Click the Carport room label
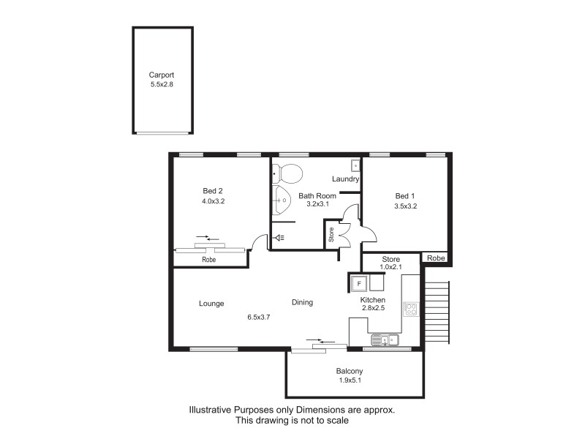pos(162,75)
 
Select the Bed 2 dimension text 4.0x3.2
pos(213,201)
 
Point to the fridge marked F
pos(358,282)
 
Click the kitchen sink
pos(383,339)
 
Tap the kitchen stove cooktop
pos(411,309)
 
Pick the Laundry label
pos(345,179)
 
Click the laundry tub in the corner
pos(355,165)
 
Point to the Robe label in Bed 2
pos(208,259)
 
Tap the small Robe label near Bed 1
pos(436,258)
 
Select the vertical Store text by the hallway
pos(331,235)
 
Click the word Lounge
pos(211,304)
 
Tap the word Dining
pos(303,302)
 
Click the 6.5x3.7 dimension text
pos(259,318)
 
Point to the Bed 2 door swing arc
pos(257,241)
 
